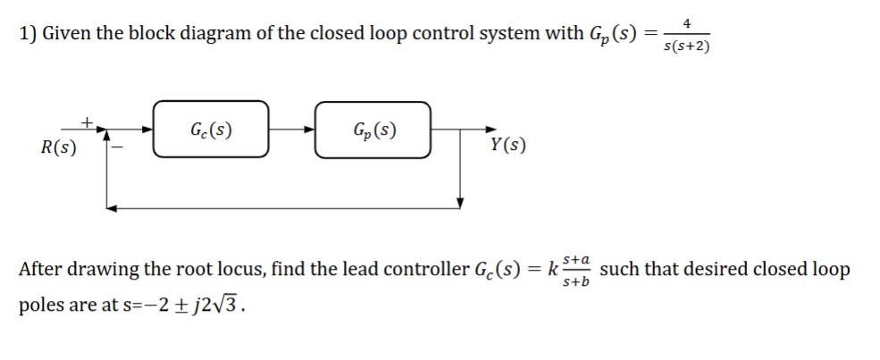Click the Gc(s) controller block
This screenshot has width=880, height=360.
(211, 130)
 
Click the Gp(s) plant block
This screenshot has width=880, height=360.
(374, 130)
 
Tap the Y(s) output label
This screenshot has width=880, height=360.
(508, 146)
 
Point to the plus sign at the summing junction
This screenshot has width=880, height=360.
(86, 118)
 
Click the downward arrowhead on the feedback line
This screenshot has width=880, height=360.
(460, 202)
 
